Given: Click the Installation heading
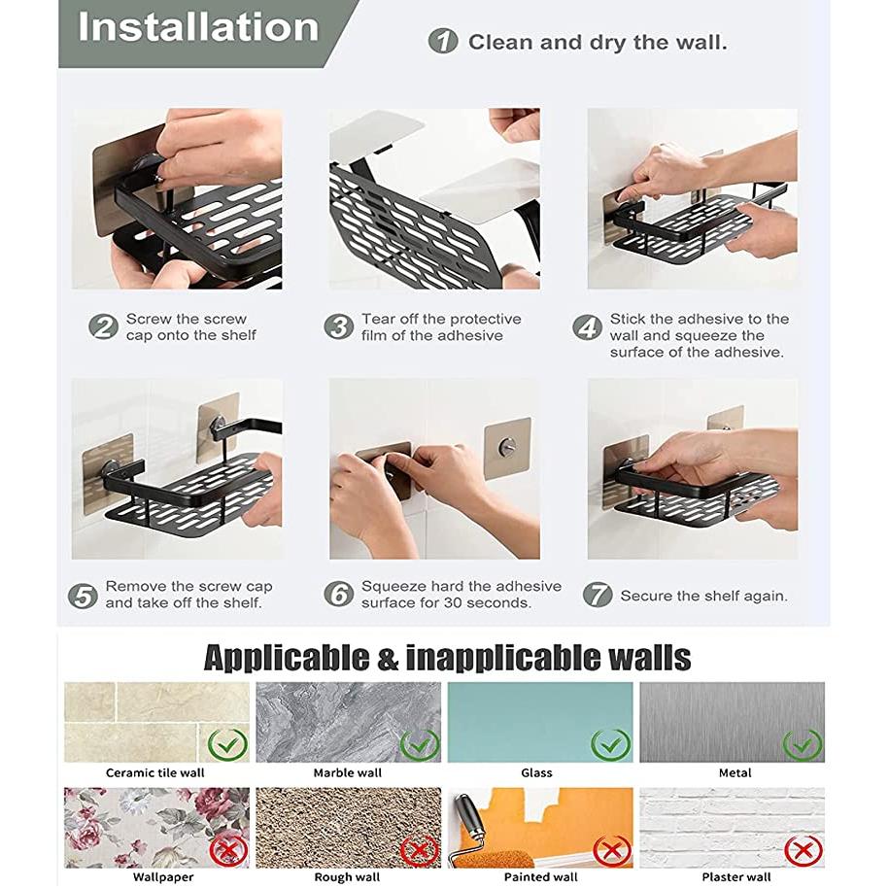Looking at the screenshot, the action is (198, 27).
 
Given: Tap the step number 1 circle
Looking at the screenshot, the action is (443, 42).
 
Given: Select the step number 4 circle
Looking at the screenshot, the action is (587, 327).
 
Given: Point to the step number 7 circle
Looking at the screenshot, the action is (598, 595).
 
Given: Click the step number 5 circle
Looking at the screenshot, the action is (83, 596).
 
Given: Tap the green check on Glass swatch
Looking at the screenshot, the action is (610, 744).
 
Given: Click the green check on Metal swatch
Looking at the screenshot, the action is (803, 744).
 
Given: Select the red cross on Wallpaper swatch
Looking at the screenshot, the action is (228, 850).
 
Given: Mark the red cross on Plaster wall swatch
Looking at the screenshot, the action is (804, 850).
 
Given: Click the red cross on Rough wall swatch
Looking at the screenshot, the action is (420, 850).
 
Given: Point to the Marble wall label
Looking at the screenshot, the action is (348, 772).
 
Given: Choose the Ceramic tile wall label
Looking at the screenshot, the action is (154, 772).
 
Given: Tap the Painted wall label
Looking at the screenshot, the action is (541, 877).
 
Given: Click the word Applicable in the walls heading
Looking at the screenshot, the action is (287, 658).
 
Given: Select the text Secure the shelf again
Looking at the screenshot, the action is (703, 596).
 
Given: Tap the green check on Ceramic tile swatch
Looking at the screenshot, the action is (228, 744).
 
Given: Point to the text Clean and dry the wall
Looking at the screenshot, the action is (598, 43).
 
